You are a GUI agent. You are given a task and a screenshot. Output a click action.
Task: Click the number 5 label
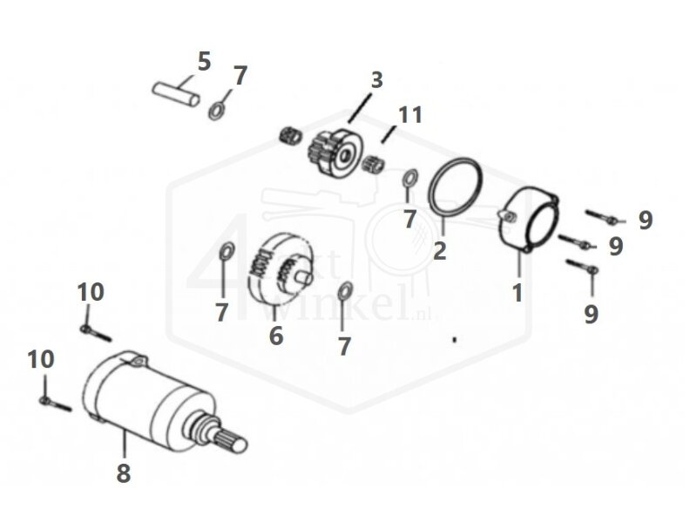(203, 61)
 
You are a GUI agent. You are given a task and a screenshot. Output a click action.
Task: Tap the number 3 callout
(376, 81)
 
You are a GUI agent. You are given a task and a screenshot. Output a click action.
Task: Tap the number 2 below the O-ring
(439, 251)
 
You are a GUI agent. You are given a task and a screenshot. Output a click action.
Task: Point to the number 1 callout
(518, 292)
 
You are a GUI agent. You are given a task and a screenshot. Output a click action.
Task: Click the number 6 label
(275, 335)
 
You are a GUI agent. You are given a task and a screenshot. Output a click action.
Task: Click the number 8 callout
(124, 474)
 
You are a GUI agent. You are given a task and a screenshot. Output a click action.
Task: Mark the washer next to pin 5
(215, 112)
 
